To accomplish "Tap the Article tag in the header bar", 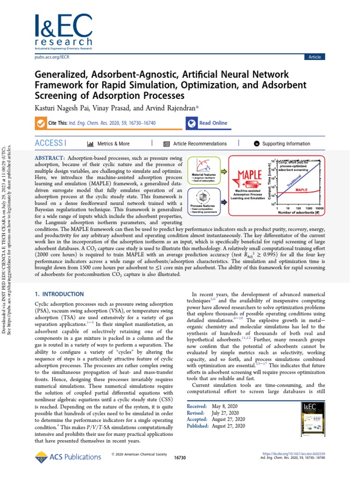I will tap(315, 57).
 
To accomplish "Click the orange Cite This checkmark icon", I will tap(40, 123).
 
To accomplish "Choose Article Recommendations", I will tap(199, 143).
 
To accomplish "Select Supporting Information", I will tap(285, 143).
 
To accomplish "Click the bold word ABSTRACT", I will tap(52, 159).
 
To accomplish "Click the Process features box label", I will tap(204, 206).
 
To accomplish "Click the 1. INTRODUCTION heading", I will tap(60, 294).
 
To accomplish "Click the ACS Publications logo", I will tap(61, 458).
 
